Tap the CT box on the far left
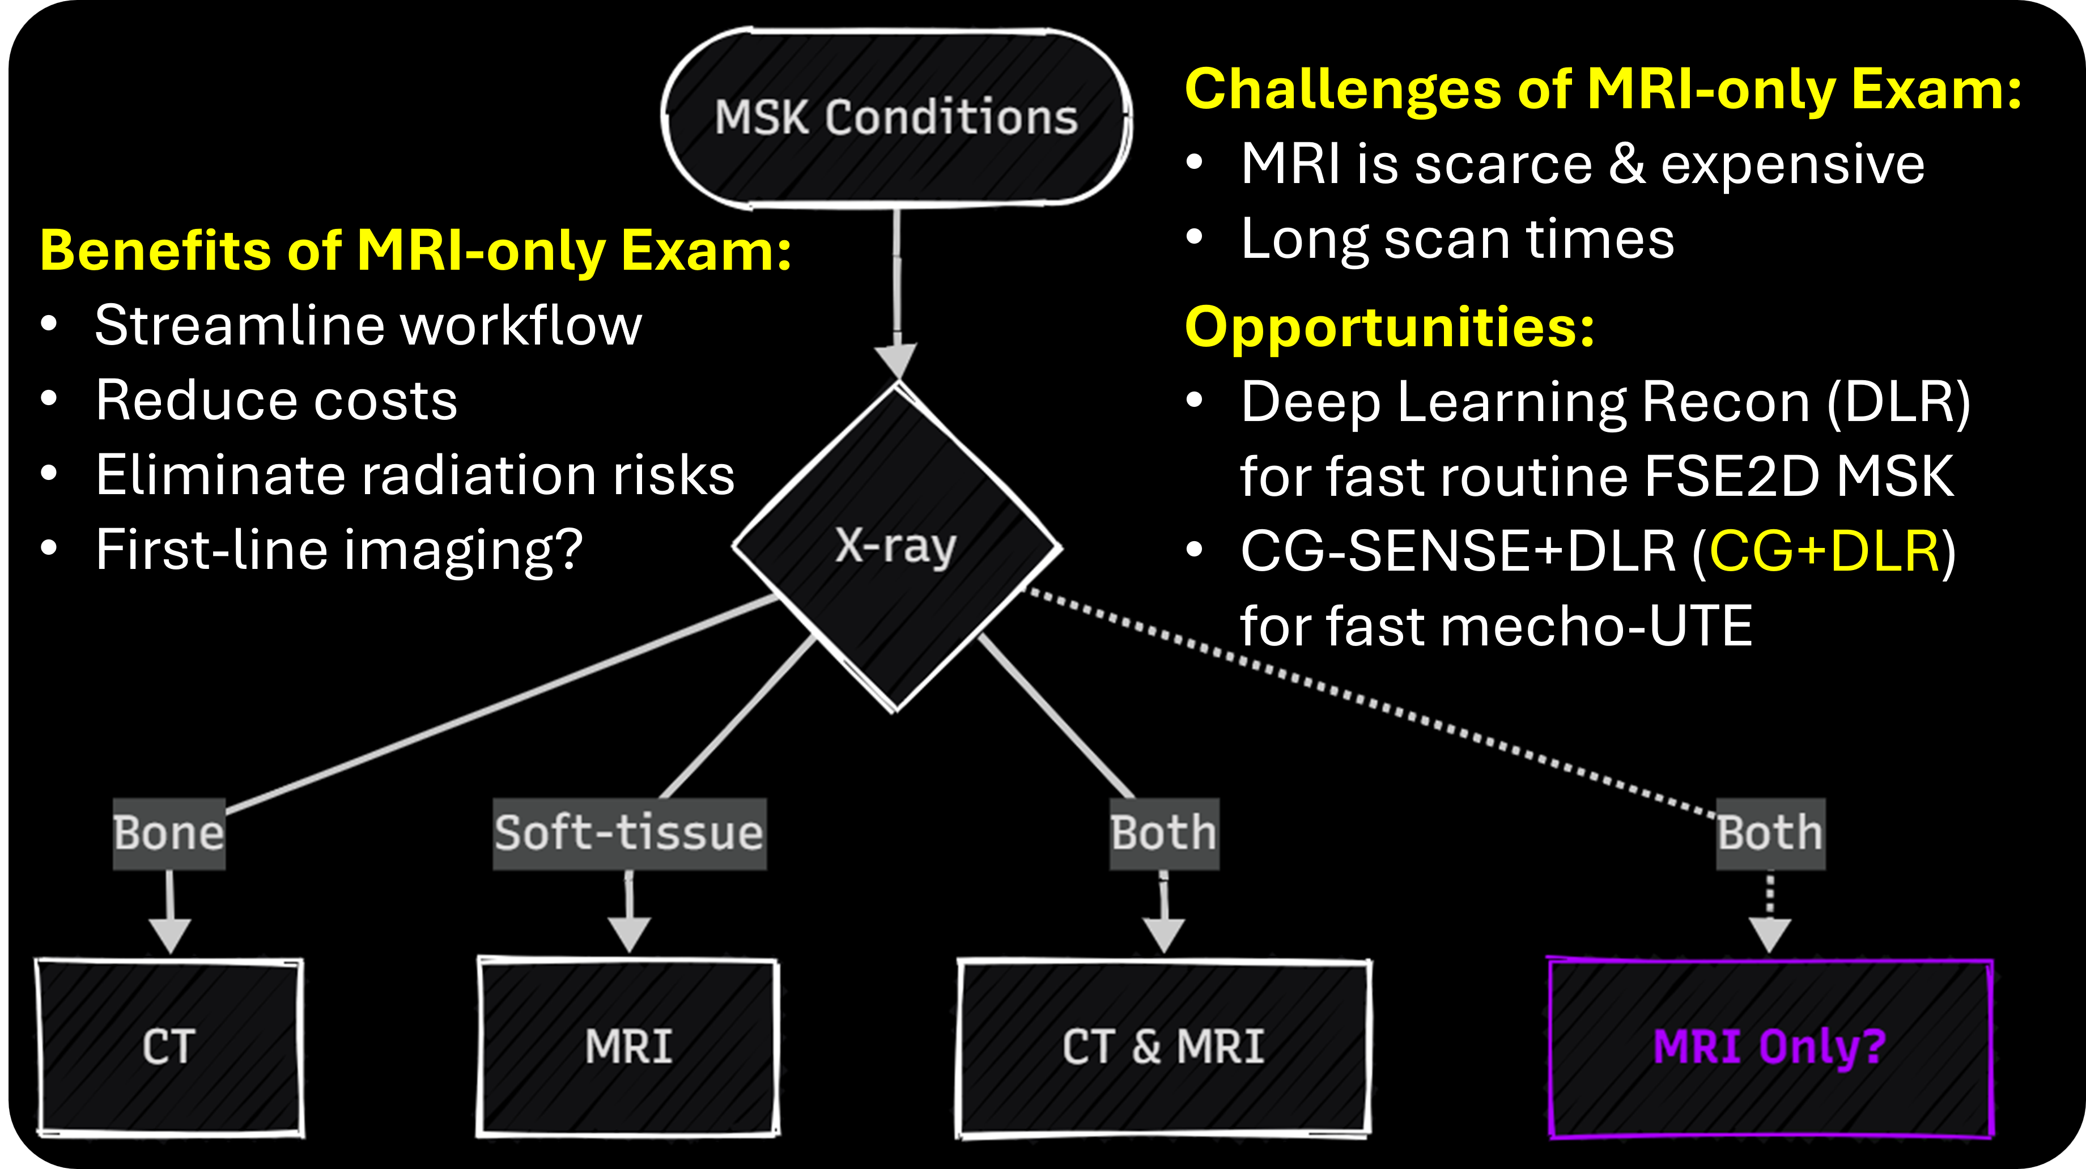169,1048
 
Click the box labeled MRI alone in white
628,1048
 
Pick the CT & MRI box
1163,1048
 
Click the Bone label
169,834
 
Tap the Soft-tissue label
629,834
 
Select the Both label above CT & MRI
1163,834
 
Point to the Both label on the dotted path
1770,834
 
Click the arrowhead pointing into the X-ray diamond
897,360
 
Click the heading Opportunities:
1390,328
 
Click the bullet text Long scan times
1458,240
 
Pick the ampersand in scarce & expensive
1626,164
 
